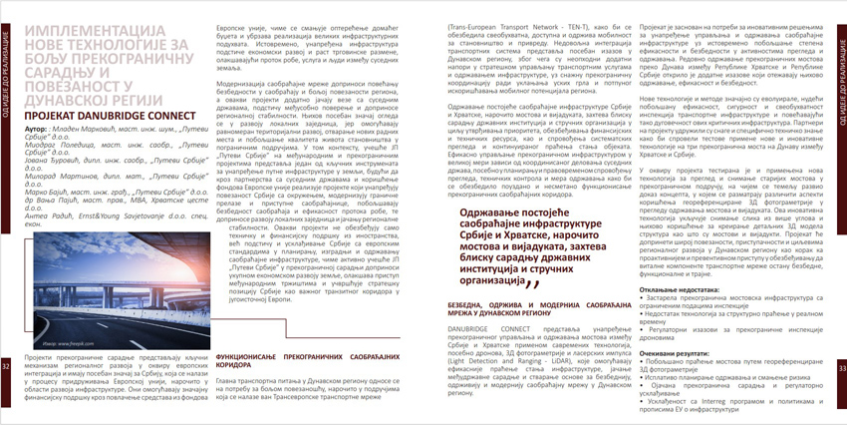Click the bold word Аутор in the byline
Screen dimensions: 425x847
[x=31, y=131]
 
